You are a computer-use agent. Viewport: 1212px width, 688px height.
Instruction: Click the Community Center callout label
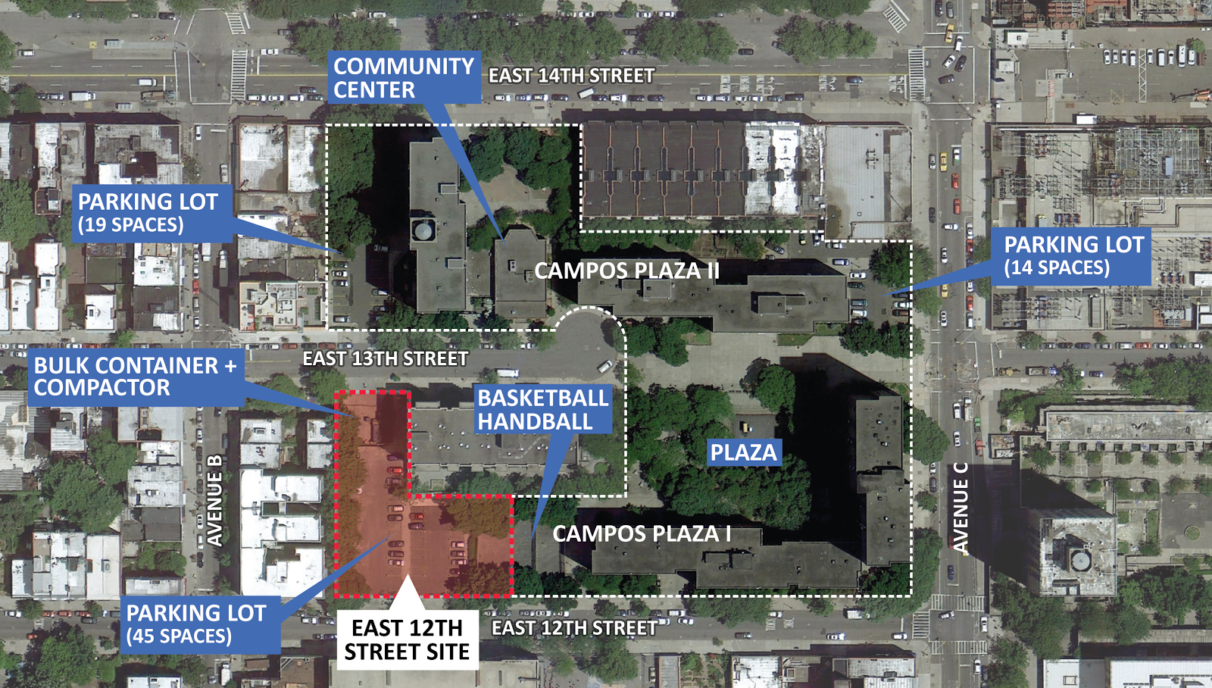click(404, 77)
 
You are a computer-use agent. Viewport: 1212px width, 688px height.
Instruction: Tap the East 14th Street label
click(571, 76)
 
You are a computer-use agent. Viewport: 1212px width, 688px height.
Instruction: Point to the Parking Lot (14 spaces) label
click(1072, 256)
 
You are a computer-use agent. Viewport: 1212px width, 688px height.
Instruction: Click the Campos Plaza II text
click(626, 271)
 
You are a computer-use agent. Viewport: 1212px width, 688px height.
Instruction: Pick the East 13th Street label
click(385, 358)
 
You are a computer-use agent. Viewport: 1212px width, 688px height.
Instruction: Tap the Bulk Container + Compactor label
click(135, 377)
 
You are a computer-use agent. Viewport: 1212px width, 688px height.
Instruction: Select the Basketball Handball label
click(542, 410)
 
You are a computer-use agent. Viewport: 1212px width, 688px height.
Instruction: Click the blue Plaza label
click(743, 452)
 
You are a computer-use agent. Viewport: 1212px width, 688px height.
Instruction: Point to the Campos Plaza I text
click(642, 533)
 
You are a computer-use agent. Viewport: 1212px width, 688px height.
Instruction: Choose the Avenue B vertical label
click(215, 501)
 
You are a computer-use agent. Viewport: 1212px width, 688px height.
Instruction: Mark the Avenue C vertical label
click(960, 508)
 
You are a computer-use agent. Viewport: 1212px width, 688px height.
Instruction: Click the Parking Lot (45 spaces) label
click(197, 624)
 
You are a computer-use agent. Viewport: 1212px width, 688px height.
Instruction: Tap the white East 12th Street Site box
click(407, 640)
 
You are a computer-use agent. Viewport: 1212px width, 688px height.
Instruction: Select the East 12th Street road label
click(573, 628)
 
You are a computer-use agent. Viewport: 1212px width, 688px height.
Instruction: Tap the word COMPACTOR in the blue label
click(102, 388)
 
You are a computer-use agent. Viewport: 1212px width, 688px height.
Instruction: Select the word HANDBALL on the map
click(535, 422)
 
